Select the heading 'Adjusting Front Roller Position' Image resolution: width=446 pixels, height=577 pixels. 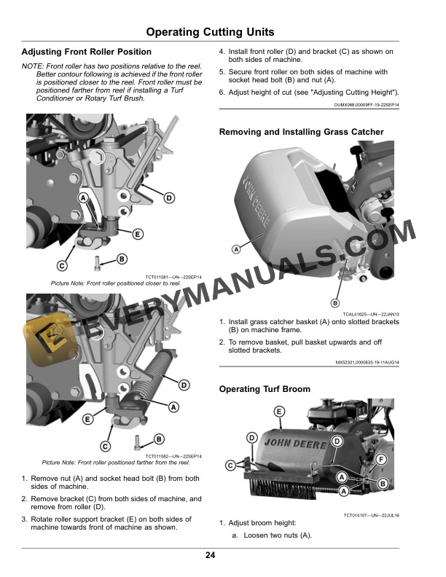click(x=87, y=52)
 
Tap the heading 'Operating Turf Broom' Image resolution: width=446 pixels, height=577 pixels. click(x=265, y=389)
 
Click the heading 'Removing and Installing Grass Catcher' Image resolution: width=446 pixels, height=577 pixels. click(x=302, y=132)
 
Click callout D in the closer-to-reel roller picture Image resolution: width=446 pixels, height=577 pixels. click(x=168, y=197)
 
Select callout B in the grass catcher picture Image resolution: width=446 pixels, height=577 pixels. click(x=335, y=302)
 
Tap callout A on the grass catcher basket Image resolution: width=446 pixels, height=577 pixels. click(x=236, y=249)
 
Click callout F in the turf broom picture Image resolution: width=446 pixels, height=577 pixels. click(x=380, y=458)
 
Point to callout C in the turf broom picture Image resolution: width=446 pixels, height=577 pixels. click(x=230, y=464)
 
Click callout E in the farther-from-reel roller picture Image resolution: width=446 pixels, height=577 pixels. click(x=87, y=419)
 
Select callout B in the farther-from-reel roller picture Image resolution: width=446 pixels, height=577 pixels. click(x=158, y=439)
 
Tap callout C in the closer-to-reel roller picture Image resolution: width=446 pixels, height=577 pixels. click(x=63, y=265)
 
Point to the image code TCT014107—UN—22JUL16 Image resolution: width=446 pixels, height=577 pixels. click(x=372, y=515)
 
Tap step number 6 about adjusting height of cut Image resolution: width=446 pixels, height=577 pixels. click(x=222, y=93)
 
